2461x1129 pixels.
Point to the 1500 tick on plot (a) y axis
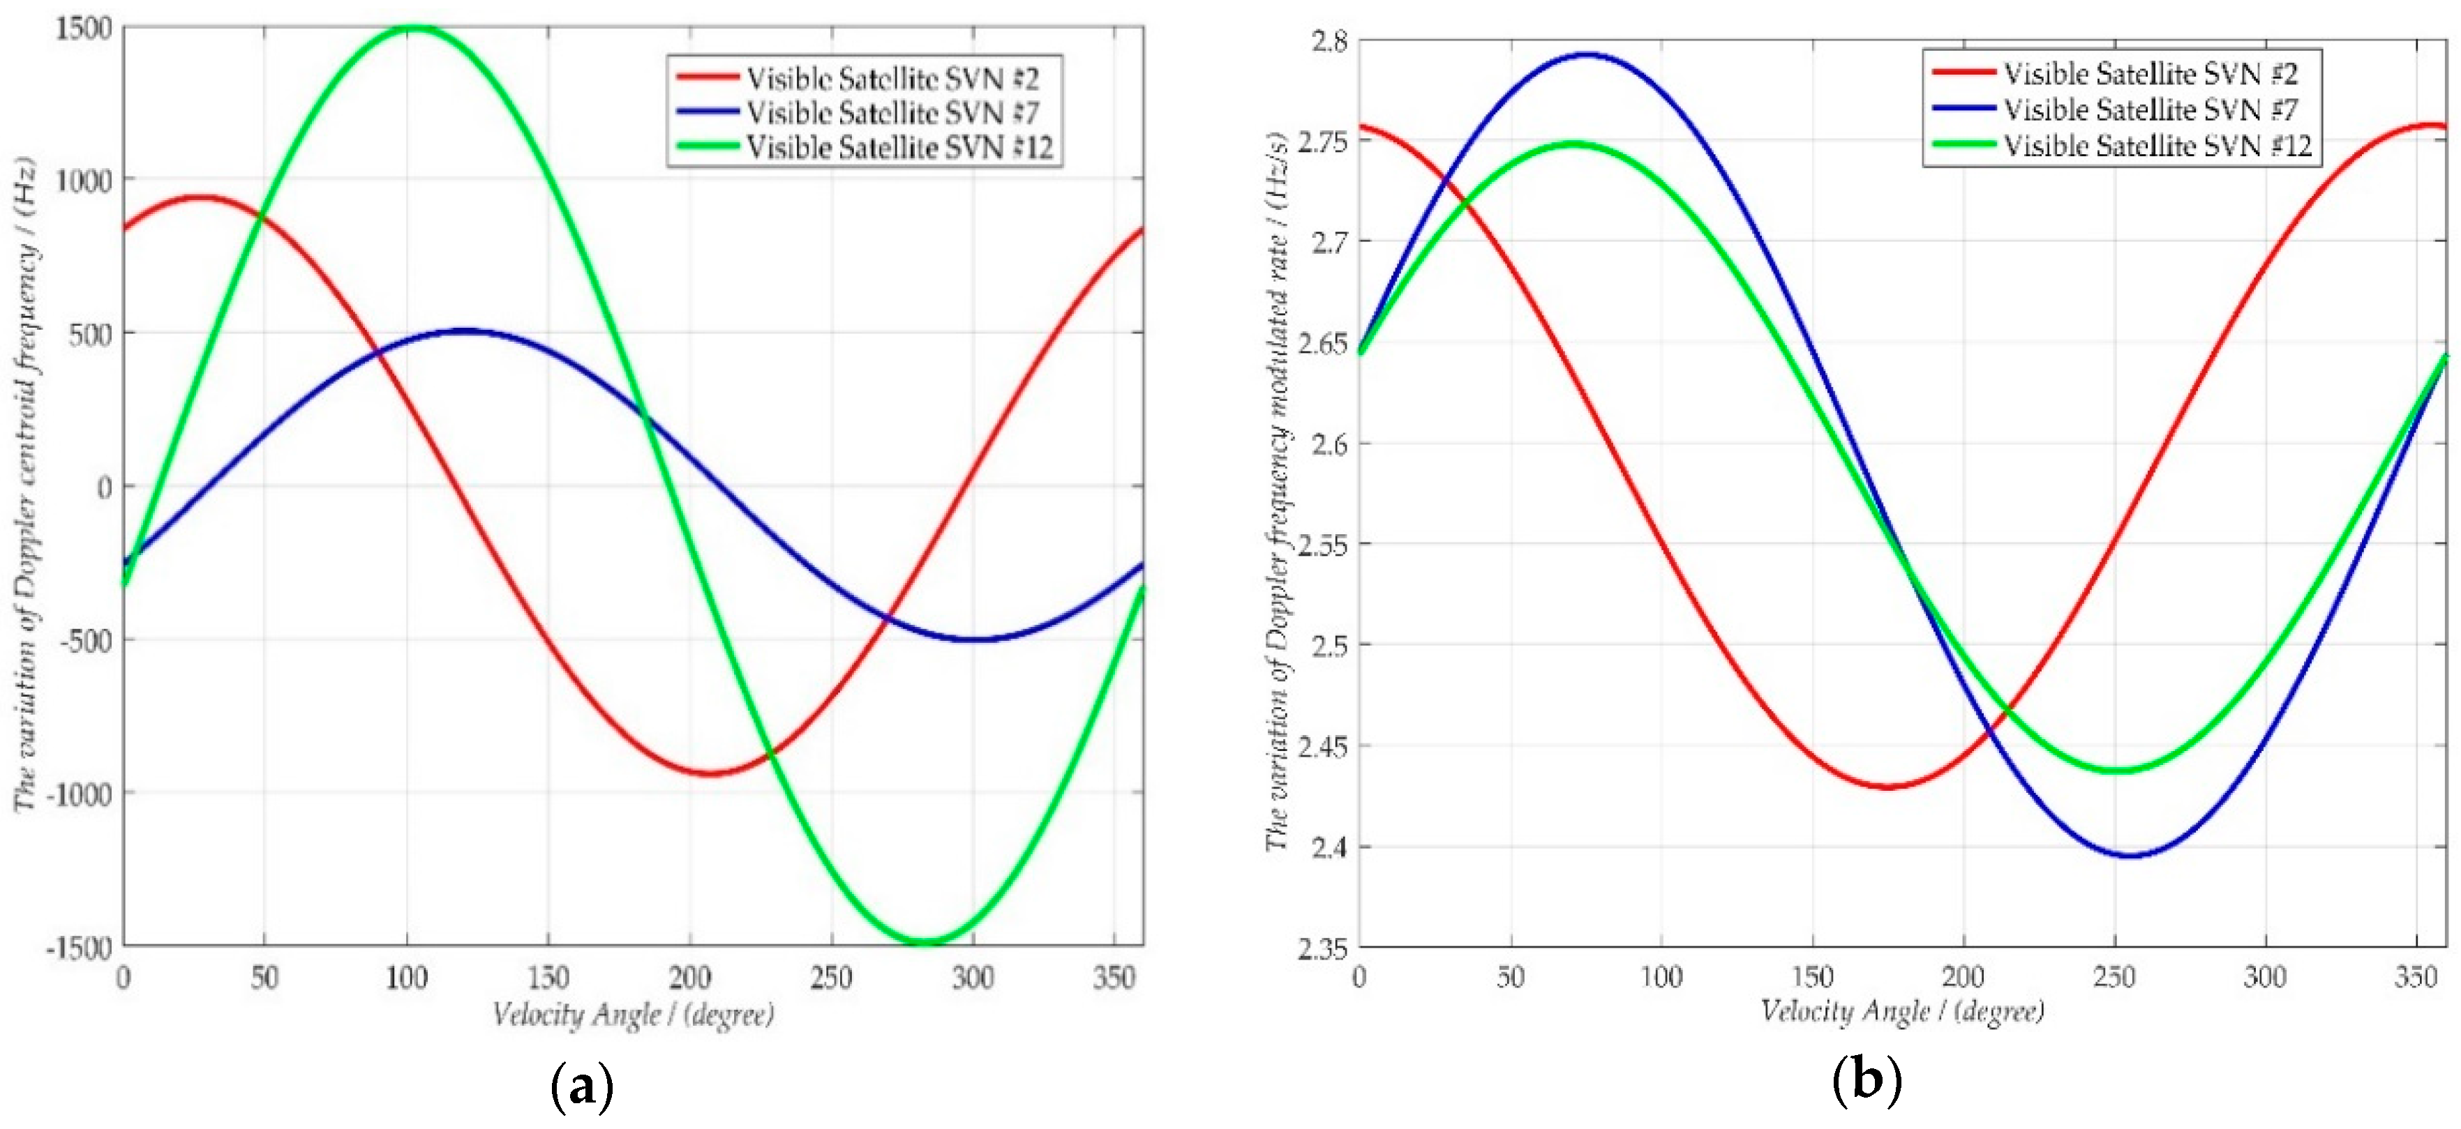coord(83,29)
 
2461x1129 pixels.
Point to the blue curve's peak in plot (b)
coord(1586,54)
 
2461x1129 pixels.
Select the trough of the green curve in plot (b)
coord(2117,770)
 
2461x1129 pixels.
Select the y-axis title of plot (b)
coord(1278,492)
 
